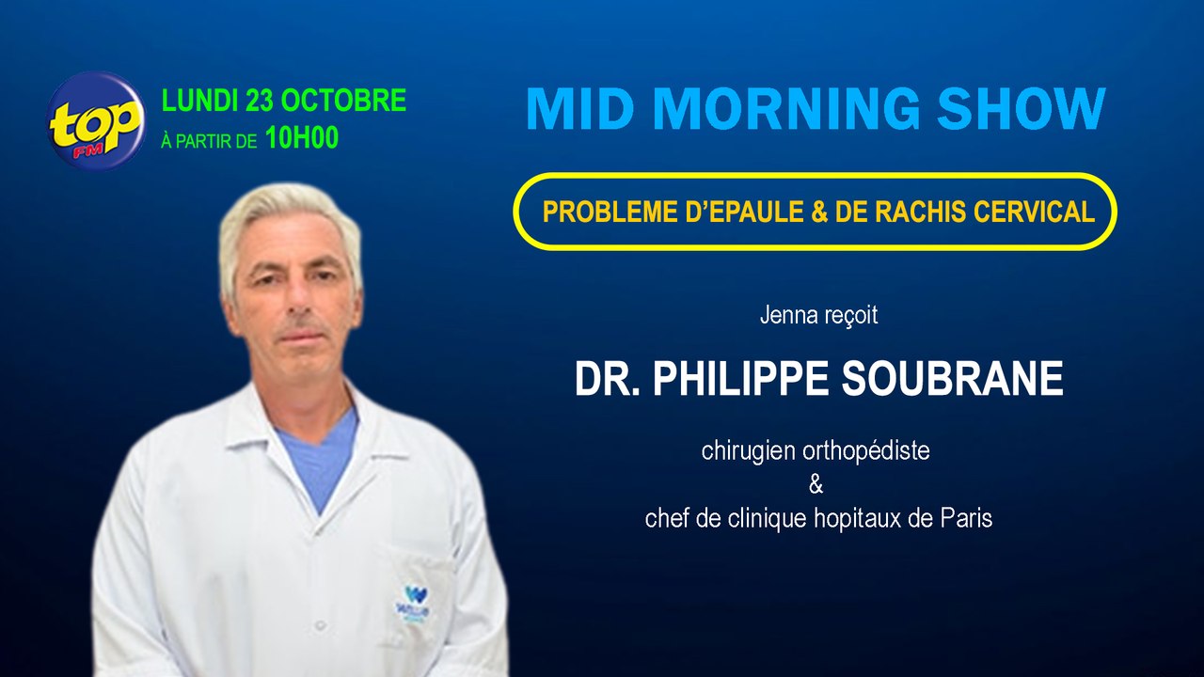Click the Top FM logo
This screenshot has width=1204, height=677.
pos(96,120)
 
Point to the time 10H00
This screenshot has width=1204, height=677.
pos(302,138)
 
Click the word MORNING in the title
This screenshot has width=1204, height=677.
pos(787,108)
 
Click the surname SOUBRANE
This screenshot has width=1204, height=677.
pos(952,378)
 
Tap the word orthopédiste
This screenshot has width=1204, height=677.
pos(866,451)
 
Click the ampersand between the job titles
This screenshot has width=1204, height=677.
pos(816,484)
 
